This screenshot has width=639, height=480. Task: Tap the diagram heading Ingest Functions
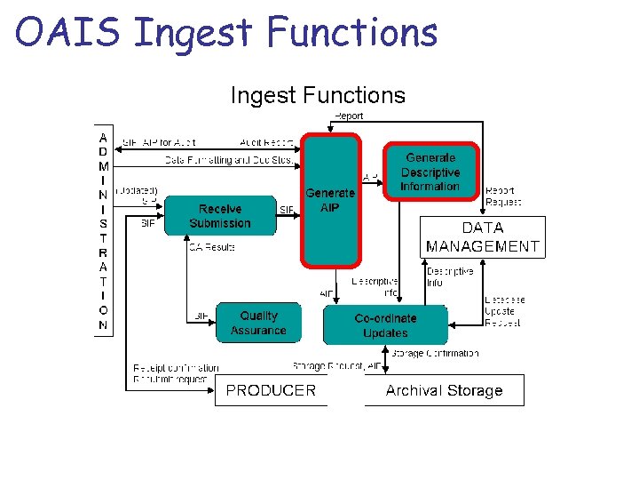click(x=318, y=95)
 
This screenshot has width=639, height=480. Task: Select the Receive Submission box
click(x=220, y=216)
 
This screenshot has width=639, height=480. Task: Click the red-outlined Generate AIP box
click(x=330, y=200)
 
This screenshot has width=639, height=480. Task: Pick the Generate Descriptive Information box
click(x=430, y=172)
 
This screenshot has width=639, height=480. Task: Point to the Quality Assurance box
click(x=258, y=323)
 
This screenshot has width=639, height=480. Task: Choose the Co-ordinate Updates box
click(x=385, y=325)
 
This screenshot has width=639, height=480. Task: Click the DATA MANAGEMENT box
click(x=483, y=237)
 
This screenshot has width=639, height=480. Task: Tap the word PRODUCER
click(x=271, y=390)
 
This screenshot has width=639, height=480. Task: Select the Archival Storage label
click(x=444, y=390)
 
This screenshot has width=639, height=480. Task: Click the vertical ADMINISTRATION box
click(x=104, y=231)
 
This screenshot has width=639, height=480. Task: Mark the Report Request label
click(x=503, y=196)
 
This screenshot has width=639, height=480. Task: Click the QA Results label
click(x=211, y=247)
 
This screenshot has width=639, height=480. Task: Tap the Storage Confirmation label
click(x=435, y=353)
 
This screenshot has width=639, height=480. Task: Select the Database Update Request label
click(x=504, y=311)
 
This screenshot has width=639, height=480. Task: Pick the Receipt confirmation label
click(x=176, y=367)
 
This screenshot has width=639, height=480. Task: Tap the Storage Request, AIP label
click(x=337, y=365)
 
